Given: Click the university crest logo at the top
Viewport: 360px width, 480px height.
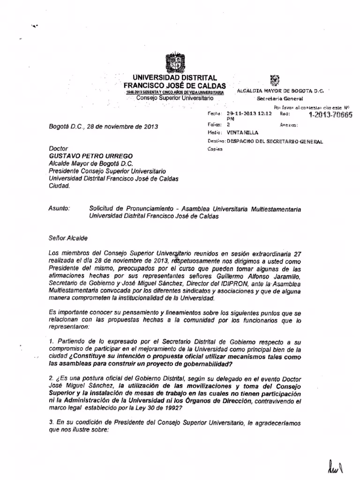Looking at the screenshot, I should (174, 62).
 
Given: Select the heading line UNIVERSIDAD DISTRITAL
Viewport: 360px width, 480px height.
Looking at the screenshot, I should (174, 77).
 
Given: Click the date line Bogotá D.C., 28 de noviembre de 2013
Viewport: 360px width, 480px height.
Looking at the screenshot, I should (103, 127).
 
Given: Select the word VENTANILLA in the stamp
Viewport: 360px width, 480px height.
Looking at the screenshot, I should (242, 133).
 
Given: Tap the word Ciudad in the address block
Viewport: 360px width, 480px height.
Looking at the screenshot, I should (59, 185).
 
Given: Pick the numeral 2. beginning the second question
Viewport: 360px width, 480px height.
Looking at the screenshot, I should (52, 378).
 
